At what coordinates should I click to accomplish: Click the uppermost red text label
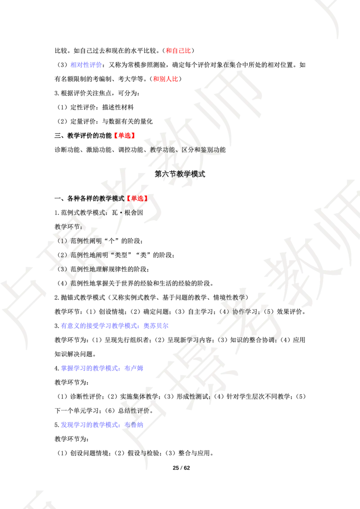pos(178,50)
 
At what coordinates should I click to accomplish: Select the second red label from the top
pos(166,79)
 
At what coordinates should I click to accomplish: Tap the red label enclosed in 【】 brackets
pos(124,135)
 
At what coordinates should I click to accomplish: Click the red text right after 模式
pos(137,198)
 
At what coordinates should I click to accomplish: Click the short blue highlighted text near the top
pos(85,65)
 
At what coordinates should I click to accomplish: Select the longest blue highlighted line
pos(115,326)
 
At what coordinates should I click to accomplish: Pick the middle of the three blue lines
pos(102,368)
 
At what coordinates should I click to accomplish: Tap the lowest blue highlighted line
pos(102,424)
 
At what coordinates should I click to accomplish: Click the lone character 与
pos(143,453)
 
